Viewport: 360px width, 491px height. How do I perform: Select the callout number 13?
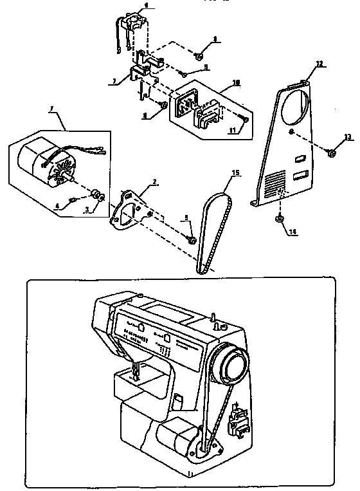click(x=348, y=136)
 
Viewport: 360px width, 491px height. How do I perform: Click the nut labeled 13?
click(x=330, y=153)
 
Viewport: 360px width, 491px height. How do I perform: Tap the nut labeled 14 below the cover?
click(x=281, y=220)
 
